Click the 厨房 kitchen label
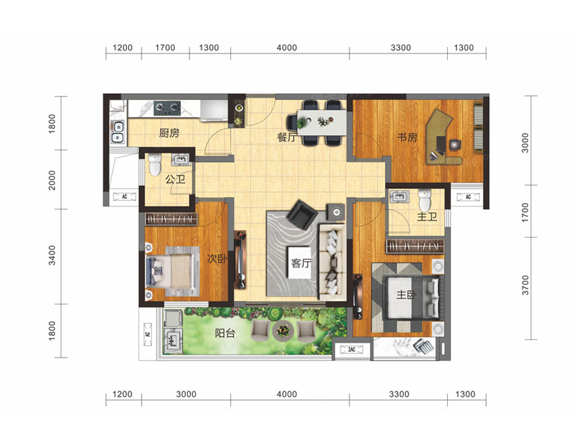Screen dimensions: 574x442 point(169,133)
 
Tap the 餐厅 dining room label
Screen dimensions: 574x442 point(287,137)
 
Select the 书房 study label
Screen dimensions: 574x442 point(407,137)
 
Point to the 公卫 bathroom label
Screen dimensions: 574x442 point(175,179)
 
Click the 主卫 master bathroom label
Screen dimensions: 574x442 point(427,217)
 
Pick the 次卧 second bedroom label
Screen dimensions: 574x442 point(217,258)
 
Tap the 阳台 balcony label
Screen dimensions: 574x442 point(225,333)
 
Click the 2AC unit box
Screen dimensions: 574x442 point(351,350)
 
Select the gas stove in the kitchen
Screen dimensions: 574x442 point(167,107)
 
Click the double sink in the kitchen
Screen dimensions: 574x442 point(118,132)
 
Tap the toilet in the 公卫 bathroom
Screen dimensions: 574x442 point(155,165)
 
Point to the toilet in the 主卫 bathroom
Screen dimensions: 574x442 point(425,200)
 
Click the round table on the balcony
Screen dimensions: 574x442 point(283,331)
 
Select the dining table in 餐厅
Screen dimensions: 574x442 point(321,122)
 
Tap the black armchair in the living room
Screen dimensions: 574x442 point(302,215)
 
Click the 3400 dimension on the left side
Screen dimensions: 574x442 point(52,255)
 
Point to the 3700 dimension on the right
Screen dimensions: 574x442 point(525,285)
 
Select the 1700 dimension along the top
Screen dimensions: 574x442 point(165,47)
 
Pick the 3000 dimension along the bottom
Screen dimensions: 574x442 point(186,394)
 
